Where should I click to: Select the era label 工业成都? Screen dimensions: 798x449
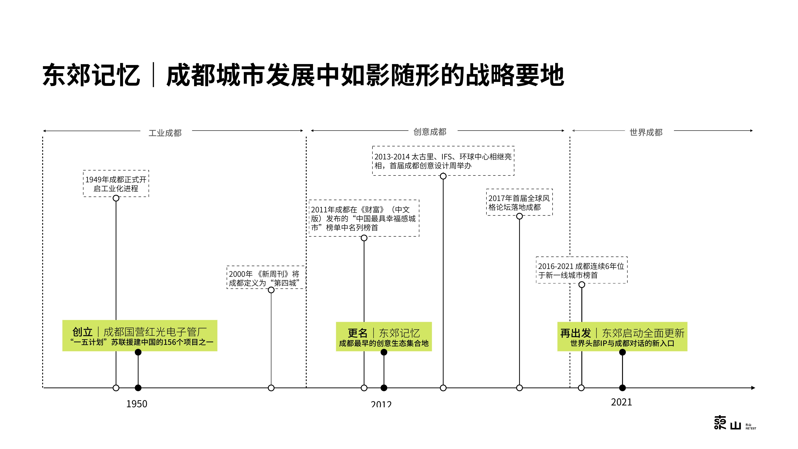[165, 133]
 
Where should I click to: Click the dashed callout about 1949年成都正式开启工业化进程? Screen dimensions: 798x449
[116, 183]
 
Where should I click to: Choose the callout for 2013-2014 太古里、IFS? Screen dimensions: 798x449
[443, 161]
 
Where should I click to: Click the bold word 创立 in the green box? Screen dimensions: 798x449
[82, 332]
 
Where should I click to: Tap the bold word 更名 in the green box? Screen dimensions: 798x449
[358, 333]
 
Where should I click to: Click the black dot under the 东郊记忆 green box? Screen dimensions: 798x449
[384, 352]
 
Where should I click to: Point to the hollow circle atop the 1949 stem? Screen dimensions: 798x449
[116, 198]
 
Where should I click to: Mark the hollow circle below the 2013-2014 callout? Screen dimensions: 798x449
[443, 176]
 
